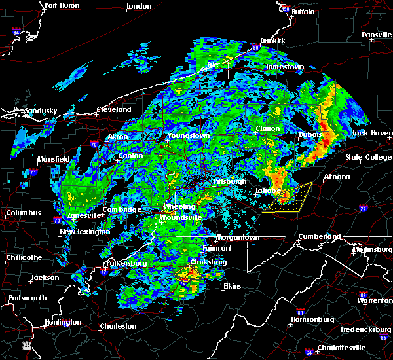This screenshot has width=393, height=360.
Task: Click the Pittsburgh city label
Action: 229,181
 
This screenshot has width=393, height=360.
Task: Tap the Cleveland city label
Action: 114,109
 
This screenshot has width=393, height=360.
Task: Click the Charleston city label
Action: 118,326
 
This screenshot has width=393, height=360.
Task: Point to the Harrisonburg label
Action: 312,319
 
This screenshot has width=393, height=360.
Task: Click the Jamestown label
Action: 284,67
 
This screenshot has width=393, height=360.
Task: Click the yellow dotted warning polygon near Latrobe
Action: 292,198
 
